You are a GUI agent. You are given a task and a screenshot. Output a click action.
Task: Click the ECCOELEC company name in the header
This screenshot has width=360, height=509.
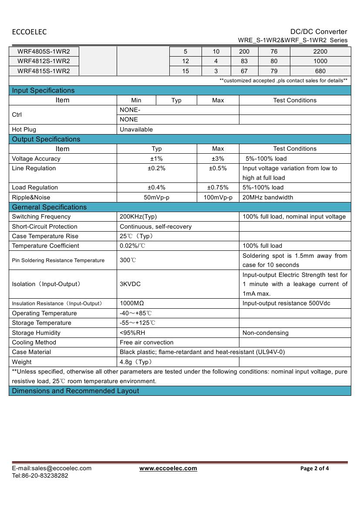click(x=29, y=32)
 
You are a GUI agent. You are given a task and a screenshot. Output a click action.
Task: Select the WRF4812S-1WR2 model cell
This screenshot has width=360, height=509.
click(x=44, y=61)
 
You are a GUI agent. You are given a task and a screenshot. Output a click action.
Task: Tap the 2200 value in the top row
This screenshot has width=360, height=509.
click(x=320, y=51)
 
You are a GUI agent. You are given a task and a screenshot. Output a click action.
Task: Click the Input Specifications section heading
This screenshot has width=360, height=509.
click(x=43, y=91)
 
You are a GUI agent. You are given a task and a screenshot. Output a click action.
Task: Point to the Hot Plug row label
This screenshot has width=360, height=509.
click(x=24, y=129)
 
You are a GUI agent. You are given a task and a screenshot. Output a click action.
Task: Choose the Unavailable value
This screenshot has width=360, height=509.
click(x=136, y=129)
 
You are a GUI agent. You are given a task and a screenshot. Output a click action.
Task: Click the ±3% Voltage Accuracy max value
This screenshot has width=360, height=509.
click(x=218, y=158)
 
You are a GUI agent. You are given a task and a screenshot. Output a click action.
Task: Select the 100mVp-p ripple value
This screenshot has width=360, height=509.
click(x=218, y=197)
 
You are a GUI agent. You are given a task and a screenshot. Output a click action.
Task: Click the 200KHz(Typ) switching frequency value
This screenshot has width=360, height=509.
click(x=138, y=216)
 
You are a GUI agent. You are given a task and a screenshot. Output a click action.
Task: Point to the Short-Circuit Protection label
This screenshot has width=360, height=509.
click(x=44, y=226)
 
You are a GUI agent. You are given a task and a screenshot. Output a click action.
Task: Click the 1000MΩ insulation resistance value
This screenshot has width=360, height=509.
click(x=132, y=303)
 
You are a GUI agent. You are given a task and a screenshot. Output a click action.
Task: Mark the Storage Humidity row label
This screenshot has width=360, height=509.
click(x=36, y=333)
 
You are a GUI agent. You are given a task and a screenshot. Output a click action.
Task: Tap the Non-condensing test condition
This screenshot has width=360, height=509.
click(x=266, y=333)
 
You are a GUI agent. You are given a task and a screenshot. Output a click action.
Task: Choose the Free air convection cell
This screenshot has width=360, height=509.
click(x=146, y=342)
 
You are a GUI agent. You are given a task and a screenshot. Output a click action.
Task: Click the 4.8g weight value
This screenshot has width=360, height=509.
click(x=136, y=362)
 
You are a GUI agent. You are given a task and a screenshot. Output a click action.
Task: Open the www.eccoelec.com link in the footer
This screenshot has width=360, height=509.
click(x=168, y=468)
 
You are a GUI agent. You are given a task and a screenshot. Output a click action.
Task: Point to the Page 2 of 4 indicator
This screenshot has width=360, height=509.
click(x=315, y=469)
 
